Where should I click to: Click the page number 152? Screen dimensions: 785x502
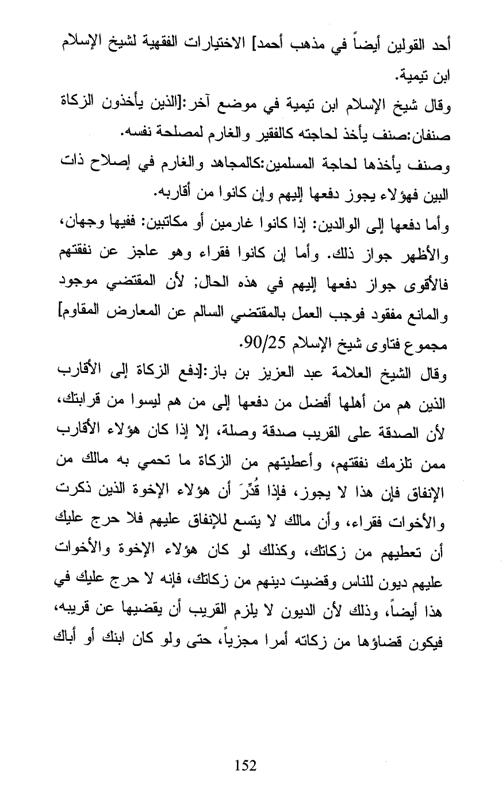click(x=246, y=765)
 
